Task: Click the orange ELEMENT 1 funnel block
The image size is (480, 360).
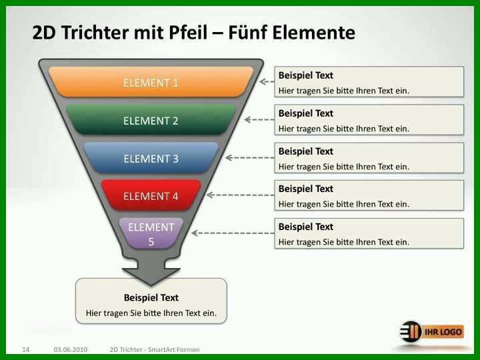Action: [x=151, y=82]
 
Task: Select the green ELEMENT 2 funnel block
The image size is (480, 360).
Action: [x=151, y=120]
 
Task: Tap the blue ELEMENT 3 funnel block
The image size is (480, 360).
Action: [x=151, y=157]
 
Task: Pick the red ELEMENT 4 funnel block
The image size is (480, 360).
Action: [x=151, y=195]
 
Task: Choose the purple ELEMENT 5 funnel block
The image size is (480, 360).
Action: [x=151, y=233]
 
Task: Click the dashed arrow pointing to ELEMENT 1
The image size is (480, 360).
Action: [x=267, y=82]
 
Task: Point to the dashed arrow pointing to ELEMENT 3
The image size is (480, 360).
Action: [x=250, y=157]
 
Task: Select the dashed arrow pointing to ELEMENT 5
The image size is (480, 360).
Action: [x=233, y=233]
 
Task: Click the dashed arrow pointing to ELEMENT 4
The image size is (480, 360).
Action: [x=241, y=195]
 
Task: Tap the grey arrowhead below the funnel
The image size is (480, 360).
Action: [x=151, y=275]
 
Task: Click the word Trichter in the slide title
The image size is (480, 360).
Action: [x=95, y=33]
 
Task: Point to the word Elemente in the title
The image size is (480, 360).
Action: [x=314, y=33]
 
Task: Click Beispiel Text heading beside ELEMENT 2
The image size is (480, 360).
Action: [x=305, y=113]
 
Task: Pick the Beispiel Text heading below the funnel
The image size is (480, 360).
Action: [x=151, y=297]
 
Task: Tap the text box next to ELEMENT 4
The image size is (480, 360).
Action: [x=369, y=195]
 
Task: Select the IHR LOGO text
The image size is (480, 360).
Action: [x=443, y=332]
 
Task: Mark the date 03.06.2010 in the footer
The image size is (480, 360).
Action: [x=71, y=349]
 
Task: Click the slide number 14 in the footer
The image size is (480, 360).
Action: [x=26, y=349]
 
